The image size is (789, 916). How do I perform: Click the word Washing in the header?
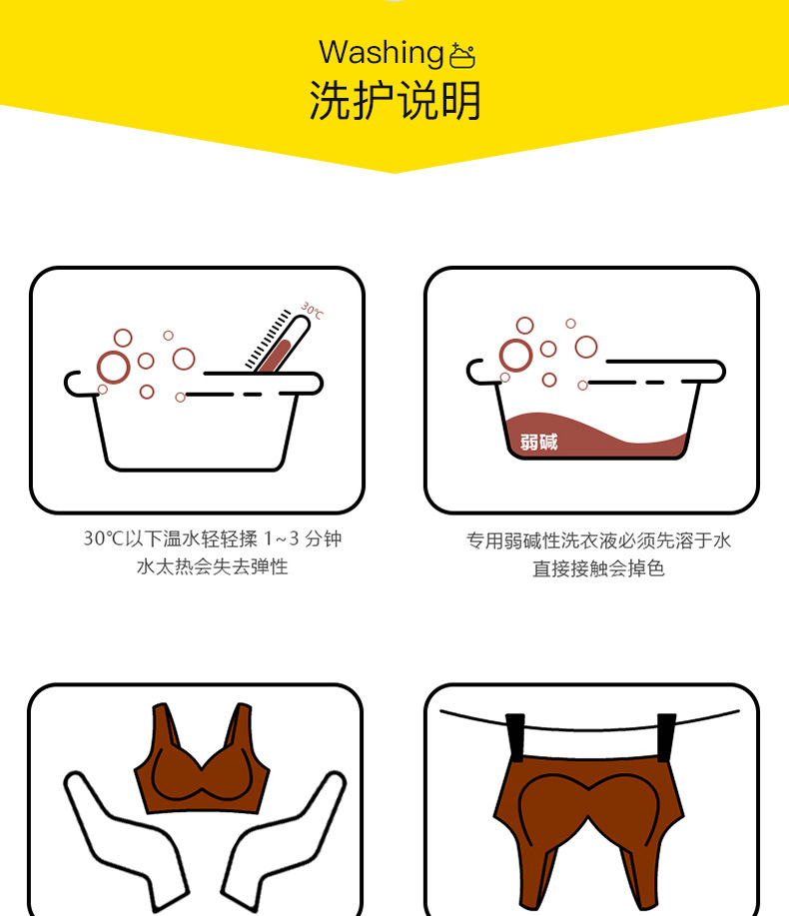[381, 52]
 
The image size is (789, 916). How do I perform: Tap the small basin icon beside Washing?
[462, 55]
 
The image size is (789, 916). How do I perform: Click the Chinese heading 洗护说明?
[394, 101]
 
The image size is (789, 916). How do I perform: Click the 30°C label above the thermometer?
[313, 311]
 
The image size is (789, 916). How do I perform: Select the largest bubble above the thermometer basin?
[113, 367]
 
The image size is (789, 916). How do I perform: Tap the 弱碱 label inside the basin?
[539, 442]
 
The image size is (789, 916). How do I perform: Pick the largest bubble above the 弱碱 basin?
[515, 355]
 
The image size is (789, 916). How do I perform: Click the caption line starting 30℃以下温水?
[212, 538]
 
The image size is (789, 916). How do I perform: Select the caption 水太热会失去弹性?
[212, 567]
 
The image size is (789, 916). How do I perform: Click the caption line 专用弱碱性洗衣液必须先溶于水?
[598, 540]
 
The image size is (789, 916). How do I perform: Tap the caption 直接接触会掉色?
[598, 568]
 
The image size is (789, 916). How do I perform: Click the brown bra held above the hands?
[203, 764]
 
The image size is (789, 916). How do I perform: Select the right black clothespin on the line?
[666, 739]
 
